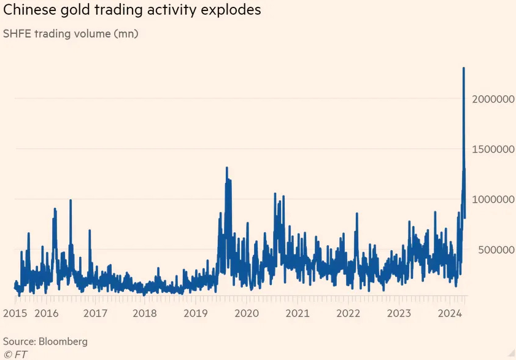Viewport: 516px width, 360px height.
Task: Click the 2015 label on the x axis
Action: pyautogui.click(x=15, y=313)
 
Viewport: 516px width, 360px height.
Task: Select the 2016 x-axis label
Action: pyautogui.click(x=47, y=313)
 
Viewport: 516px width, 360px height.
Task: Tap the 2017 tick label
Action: pyautogui.click(x=96, y=313)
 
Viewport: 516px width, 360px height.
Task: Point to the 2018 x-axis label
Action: pyautogui.click(x=145, y=313)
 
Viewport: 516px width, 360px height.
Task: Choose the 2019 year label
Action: pyautogui.click(x=196, y=313)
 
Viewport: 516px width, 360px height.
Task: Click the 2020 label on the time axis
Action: pyautogui.click(x=246, y=313)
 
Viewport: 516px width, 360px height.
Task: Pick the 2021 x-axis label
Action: pyautogui.click(x=298, y=313)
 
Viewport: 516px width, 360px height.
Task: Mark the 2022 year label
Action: pyautogui.click(x=348, y=313)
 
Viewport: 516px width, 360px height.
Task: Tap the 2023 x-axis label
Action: pyautogui.click(x=399, y=313)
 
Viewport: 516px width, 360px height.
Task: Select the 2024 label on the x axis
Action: pyautogui.click(x=450, y=313)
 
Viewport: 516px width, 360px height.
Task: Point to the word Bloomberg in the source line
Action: pyautogui.click(x=63, y=341)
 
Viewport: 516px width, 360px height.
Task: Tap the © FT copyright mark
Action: pyautogui.click(x=15, y=354)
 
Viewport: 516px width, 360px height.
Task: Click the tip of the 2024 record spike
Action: pyautogui.click(x=463, y=68)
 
